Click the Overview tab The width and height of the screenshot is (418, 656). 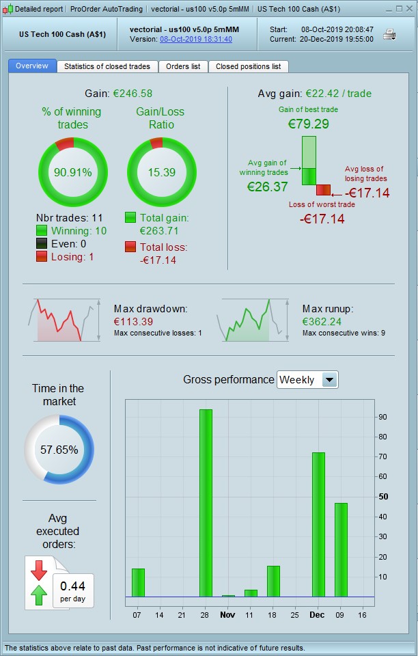point(32,66)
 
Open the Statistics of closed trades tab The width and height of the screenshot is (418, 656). point(108,66)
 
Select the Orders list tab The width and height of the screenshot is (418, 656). point(183,66)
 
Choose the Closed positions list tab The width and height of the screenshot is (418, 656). point(248,66)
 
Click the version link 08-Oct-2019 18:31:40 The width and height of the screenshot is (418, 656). point(196,40)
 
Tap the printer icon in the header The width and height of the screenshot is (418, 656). point(390,34)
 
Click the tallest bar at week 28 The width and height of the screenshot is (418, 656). point(206,503)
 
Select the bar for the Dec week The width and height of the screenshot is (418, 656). point(318,524)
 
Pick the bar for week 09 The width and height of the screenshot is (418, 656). point(341,550)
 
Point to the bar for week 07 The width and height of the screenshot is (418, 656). point(138,582)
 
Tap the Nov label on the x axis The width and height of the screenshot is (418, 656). point(228,615)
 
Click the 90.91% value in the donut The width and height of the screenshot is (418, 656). point(73,172)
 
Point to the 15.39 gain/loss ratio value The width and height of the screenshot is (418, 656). point(162,172)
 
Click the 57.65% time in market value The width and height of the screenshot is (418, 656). point(59,450)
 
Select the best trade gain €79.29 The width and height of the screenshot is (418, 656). point(309,124)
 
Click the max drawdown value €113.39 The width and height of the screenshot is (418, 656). point(133,322)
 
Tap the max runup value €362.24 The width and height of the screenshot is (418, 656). point(322,322)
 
